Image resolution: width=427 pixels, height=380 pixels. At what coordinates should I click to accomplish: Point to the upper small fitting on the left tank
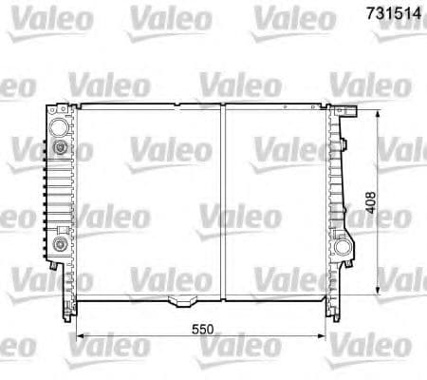tap(62, 149)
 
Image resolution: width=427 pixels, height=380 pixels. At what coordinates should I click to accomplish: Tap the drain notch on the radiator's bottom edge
tap(176, 303)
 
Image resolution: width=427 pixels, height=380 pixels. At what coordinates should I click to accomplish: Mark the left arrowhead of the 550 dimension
tap(80, 335)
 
